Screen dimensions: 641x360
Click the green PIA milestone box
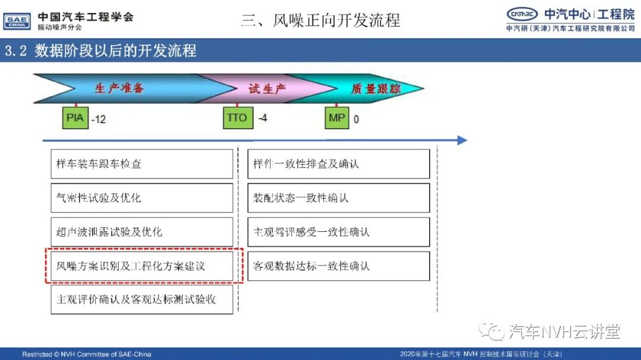(75, 117)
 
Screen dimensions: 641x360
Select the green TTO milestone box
(238, 117)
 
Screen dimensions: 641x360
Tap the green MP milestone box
(337, 117)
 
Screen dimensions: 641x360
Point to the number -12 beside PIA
(99, 119)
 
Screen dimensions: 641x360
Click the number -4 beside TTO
(263, 118)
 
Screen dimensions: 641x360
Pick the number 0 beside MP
(356, 119)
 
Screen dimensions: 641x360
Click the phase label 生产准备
(119, 88)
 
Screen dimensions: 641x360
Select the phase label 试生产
(267, 89)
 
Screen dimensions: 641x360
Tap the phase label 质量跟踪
(376, 89)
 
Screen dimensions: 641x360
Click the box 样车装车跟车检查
(142, 164)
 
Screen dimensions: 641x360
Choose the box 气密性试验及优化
(142, 197)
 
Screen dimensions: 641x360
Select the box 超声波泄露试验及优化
(142, 232)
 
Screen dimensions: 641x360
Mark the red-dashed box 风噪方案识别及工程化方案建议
(144, 266)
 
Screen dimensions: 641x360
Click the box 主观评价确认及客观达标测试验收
(142, 300)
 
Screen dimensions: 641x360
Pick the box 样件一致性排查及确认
(338, 164)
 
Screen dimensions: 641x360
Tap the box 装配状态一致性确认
(338, 197)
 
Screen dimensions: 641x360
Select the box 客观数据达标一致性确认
(338, 266)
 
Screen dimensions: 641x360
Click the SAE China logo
(17, 21)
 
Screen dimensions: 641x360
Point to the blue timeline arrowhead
(462, 140)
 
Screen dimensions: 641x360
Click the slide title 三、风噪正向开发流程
(320, 20)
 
